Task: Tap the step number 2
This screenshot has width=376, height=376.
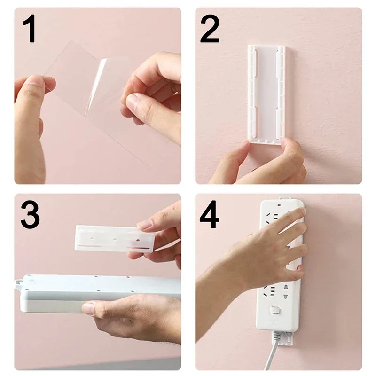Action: [210, 29]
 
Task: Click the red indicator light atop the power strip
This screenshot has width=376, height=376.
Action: [280, 205]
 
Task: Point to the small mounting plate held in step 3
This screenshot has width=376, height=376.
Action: [113, 238]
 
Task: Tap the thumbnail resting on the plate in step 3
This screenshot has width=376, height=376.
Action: [145, 225]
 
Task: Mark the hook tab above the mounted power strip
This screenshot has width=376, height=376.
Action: [282, 198]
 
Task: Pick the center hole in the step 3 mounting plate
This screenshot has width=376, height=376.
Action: [115, 239]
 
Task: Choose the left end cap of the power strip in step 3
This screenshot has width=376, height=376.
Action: [23, 294]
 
